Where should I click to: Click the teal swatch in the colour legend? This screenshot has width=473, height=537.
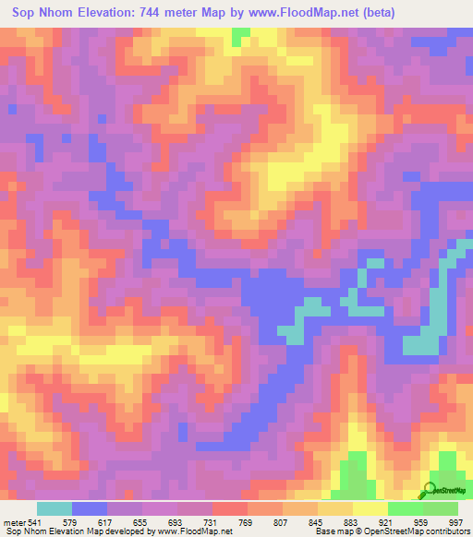(55, 508)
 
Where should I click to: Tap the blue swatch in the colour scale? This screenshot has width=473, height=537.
(90, 508)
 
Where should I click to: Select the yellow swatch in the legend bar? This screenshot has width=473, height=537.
(370, 508)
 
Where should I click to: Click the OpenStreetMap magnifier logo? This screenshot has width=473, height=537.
(431, 490)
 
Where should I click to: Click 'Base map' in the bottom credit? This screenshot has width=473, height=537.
(330, 532)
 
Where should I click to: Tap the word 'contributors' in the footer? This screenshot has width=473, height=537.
(444, 532)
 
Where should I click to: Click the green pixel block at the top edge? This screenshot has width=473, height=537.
(241, 35)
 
